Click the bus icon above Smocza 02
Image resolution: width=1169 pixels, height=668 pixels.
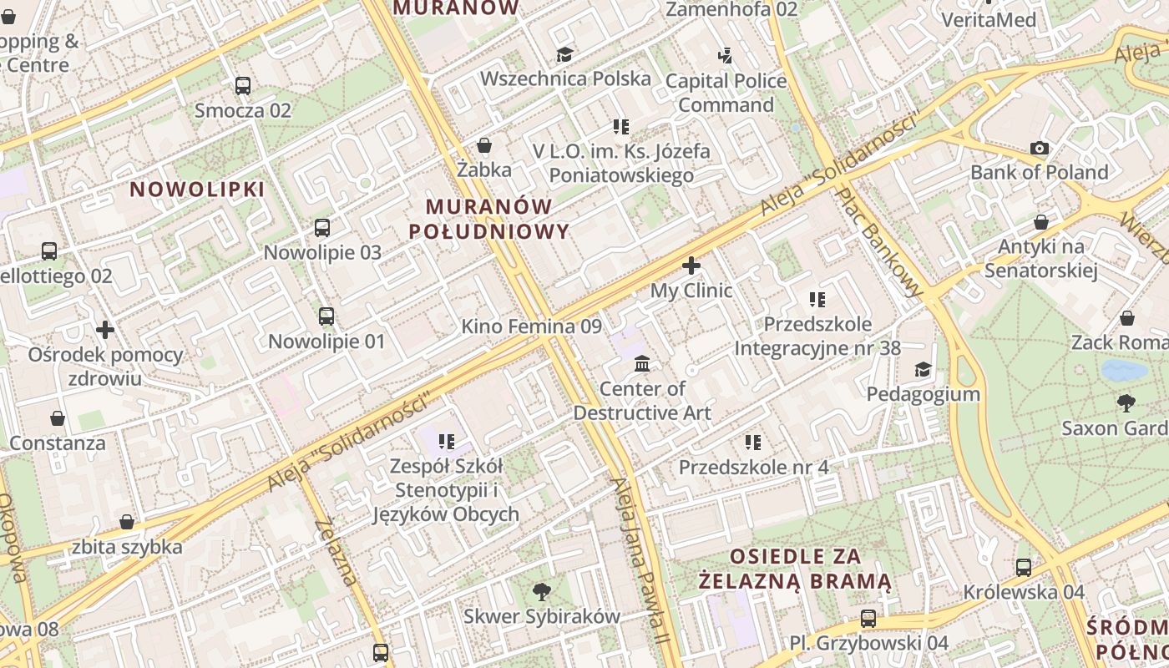[243, 85]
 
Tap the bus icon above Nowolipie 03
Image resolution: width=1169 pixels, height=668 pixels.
[322, 227]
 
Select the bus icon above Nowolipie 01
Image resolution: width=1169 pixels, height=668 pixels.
[326, 316]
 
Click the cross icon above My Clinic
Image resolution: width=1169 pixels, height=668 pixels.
[691, 266]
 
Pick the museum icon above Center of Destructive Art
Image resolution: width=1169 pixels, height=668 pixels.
[642, 363]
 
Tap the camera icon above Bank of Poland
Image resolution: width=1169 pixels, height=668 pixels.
[1040, 148]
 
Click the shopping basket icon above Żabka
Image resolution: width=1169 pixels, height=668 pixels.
[484, 145]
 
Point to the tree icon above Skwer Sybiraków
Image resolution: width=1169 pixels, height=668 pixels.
[542, 592]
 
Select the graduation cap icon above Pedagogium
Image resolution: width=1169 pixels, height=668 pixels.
[923, 369]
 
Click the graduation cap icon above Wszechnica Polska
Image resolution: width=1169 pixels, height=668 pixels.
[565, 54]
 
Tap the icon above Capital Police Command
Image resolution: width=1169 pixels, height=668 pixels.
[726, 56]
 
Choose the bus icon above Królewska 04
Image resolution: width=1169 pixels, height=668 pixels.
[1024, 567]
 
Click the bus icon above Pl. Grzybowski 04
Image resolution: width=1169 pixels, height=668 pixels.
[868, 619]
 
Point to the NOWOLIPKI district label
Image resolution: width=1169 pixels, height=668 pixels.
[197, 190]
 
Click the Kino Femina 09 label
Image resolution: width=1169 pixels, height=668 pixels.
[531, 326]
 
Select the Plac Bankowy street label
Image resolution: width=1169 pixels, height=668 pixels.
[880, 242]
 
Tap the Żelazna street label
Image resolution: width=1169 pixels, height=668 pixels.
[337, 550]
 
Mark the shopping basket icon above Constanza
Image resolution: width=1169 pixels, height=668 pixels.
[58, 417]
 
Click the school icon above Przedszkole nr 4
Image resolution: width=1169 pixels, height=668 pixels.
[753, 442]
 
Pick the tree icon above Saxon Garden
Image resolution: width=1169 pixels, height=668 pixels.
[1126, 403]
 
